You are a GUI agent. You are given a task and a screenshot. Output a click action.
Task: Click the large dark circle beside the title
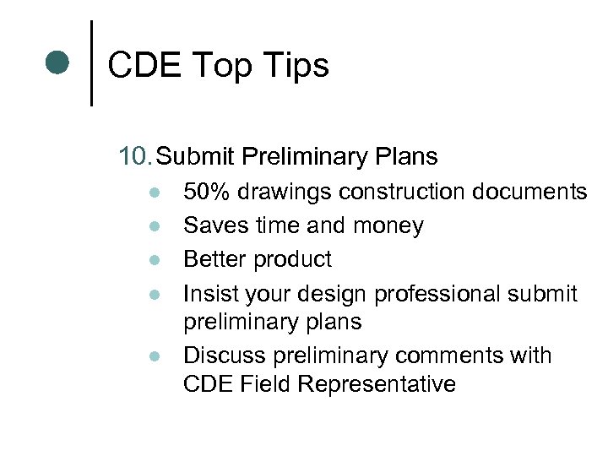pyautogui.click(x=57, y=63)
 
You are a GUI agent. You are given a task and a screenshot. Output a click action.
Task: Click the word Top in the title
pyautogui.click(x=220, y=65)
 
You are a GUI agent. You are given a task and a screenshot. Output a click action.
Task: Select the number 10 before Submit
pyautogui.click(x=136, y=156)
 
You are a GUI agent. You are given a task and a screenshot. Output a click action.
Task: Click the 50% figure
pyautogui.click(x=207, y=193)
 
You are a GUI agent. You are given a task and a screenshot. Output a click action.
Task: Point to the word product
pyautogui.click(x=290, y=260)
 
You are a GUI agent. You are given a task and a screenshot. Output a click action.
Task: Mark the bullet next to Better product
pyautogui.click(x=152, y=260)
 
